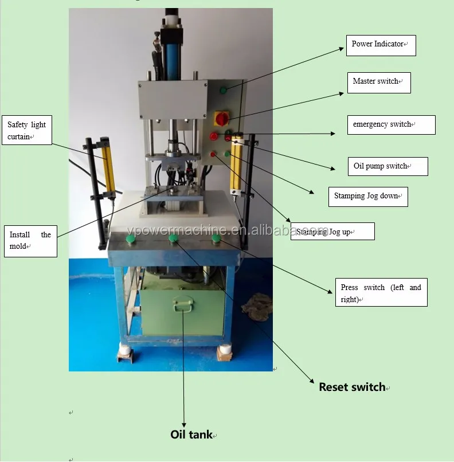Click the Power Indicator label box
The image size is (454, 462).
[x=381, y=45]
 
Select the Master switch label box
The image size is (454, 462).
[x=379, y=83]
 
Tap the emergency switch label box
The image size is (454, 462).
[x=392, y=125]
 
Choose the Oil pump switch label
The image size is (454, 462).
[x=388, y=166]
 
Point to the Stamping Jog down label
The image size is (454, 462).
[x=368, y=197]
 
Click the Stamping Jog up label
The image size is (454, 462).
[x=332, y=232]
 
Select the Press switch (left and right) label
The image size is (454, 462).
[x=381, y=292]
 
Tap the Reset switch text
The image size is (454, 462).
[x=353, y=387]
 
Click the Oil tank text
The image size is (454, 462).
[x=191, y=434]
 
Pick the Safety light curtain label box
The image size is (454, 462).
[x=27, y=130]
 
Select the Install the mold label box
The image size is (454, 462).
[x=30, y=241]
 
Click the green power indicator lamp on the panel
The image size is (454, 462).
[x=224, y=89]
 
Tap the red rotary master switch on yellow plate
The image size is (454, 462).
[x=221, y=119]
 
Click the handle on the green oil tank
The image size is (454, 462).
[x=183, y=303]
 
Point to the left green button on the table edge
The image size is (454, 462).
[x=131, y=238]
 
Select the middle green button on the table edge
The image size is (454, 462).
[x=174, y=238]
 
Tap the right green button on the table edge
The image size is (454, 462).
[x=217, y=237]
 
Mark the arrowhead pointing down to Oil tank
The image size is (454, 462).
[x=184, y=425]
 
